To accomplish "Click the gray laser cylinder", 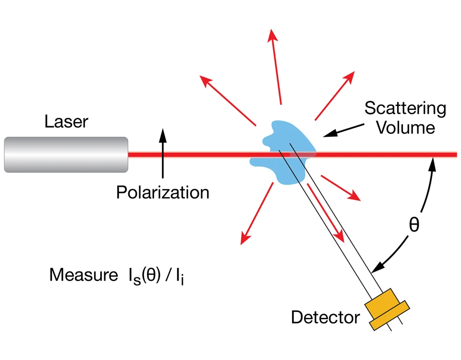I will pyautogui.click(x=66, y=154).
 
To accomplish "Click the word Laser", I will pyautogui.click(x=66, y=121).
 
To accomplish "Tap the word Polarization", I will pyautogui.click(x=163, y=192).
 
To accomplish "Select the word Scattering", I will pyautogui.click(x=405, y=108).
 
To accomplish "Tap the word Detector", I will pyautogui.click(x=325, y=317).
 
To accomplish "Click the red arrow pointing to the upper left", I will pyautogui.click(x=228, y=100).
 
